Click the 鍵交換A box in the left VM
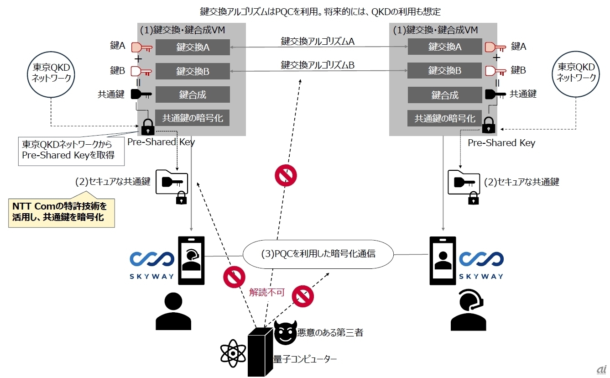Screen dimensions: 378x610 pos(193,47)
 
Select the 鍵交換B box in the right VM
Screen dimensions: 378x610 pos(444,71)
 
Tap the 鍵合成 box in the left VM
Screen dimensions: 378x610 pos(193,94)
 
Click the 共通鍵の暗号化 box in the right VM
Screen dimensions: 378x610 pos(444,118)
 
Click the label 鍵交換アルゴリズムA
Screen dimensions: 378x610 pos(318,42)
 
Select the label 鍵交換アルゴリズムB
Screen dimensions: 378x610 pos(318,65)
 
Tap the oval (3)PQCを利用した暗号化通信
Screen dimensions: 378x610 pos(318,254)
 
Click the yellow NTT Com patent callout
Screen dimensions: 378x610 pos(62,213)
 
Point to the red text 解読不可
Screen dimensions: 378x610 pos(267,293)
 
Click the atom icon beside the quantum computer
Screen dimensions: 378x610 pos(233,353)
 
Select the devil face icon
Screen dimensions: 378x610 pos(285,333)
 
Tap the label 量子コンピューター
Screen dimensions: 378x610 pos(305,359)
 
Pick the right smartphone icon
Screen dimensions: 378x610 pos(443,260)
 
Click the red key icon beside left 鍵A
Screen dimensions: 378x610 pos(141,47)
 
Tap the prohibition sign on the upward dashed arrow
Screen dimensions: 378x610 pos(286,175)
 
